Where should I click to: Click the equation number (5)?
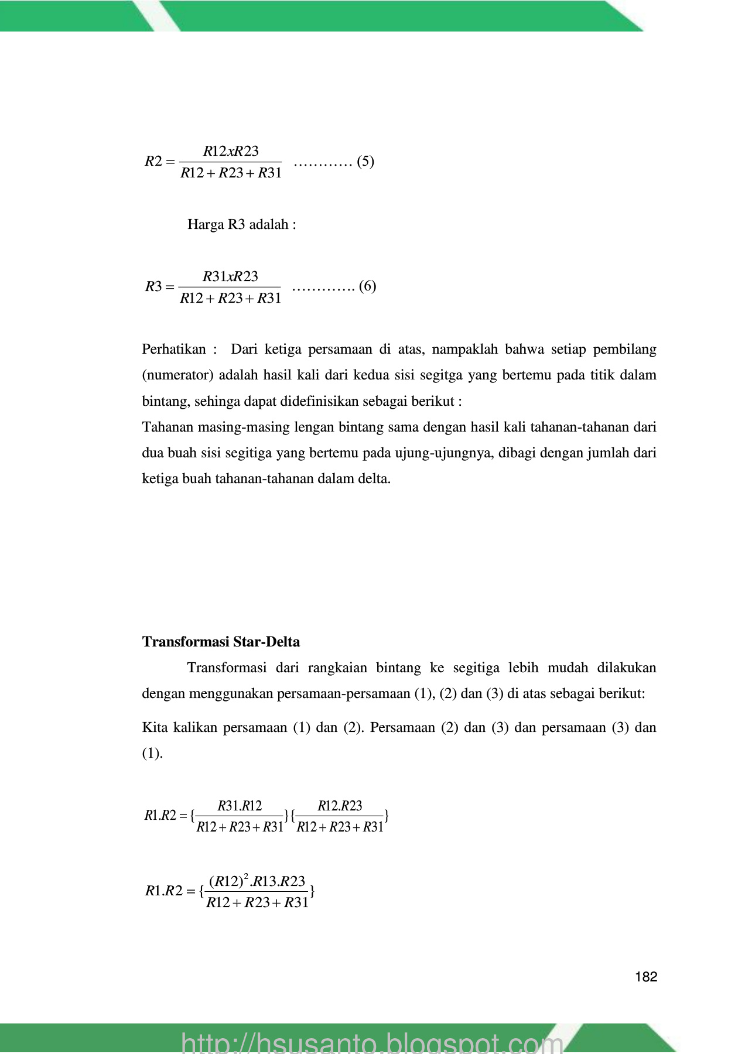[365, 161]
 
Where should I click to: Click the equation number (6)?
[367, 286]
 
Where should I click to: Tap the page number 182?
[646, 977]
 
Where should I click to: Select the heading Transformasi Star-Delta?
[221, 642]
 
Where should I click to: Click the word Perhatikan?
[174, 350]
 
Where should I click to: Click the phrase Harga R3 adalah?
[241, 224]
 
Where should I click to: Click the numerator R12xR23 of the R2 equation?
[231, 151]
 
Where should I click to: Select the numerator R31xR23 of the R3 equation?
[230, 276]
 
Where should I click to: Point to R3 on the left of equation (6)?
[153, 286]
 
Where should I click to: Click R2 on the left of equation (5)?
[153, 161]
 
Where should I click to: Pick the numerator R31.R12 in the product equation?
[240, 806]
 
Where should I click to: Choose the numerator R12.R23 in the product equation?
[340, 806]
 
